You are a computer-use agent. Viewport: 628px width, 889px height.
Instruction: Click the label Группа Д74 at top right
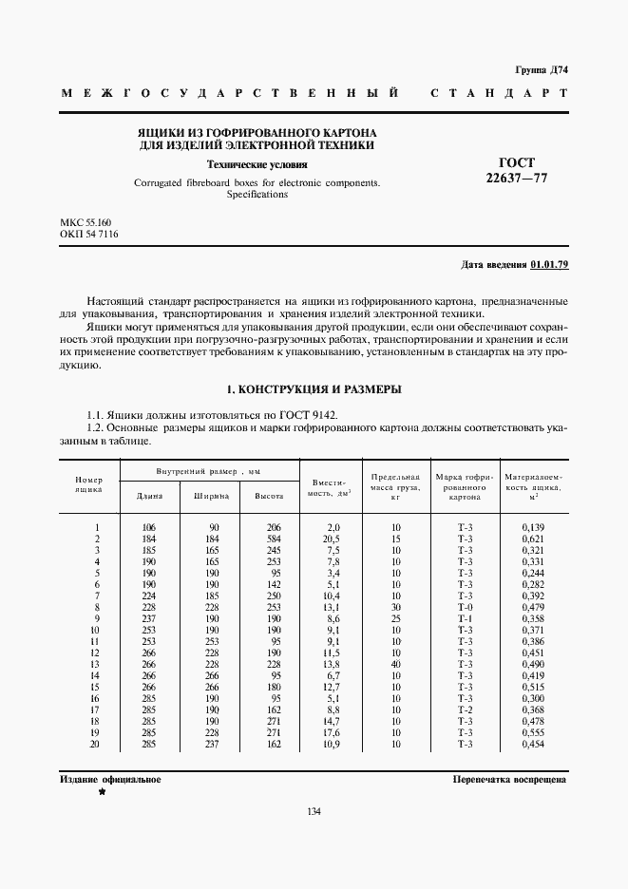tap(541, 70)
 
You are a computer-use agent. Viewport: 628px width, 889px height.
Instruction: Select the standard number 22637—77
tap(517, 178)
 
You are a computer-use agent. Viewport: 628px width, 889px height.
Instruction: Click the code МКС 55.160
tap(85, 222)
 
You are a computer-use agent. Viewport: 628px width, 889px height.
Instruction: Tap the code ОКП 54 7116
tap(89, 235)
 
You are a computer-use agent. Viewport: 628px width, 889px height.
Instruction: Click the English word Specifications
tap(257, 194)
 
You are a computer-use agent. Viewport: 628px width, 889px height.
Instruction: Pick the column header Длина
tap(149, 496)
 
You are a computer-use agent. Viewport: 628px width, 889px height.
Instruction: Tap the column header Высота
tap(268, 496)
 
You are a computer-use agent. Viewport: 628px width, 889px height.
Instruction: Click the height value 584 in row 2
tap(275, 539)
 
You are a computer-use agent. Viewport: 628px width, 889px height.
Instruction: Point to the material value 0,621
tap(534, 539)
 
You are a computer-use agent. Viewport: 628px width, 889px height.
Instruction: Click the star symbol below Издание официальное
tap(101, 791)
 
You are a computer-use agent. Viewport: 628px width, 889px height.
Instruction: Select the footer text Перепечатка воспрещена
tap(509, 779)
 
